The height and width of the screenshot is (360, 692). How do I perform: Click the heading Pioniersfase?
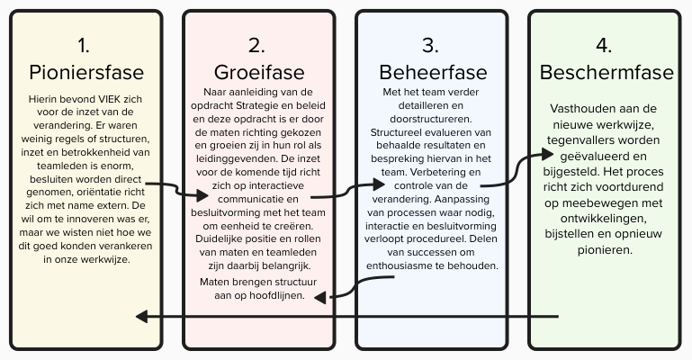[86, 72]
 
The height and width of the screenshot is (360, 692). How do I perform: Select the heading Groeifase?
[259, 72]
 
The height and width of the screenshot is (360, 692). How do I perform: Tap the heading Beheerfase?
[433, 72]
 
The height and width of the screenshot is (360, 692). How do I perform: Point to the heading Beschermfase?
[607, 72]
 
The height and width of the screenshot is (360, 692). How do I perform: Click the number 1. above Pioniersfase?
[84, 45]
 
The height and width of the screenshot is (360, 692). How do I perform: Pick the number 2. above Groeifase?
[256, 45]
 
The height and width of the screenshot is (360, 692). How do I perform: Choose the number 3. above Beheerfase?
[430, 45]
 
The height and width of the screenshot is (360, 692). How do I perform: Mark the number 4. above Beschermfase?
[603, 45]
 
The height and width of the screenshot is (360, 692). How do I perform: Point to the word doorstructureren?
[431, 119]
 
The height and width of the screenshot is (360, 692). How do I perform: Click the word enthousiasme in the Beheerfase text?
[399, 266]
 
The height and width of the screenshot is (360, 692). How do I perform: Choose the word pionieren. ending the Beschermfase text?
[605, 250]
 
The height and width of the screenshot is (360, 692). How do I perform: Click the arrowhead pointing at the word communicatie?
[202, 195]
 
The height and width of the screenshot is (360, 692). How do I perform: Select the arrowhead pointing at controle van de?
[379, 184]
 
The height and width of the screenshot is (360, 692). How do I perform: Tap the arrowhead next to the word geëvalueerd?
[547, 154]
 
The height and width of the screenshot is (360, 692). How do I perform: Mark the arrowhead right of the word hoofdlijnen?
[320, 298]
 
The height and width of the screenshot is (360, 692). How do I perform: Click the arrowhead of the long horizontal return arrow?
[141, 316]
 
